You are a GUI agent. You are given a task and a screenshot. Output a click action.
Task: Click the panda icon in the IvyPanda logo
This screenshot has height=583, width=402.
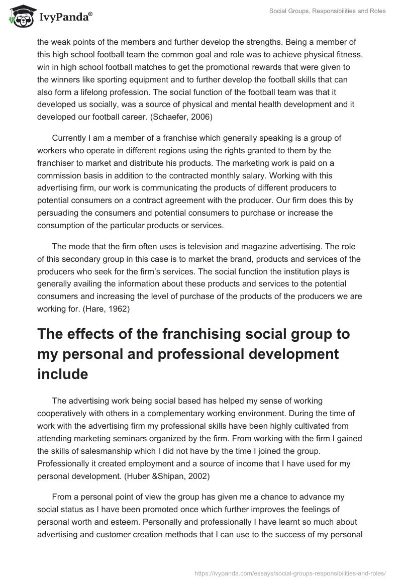click(x=19, y=18)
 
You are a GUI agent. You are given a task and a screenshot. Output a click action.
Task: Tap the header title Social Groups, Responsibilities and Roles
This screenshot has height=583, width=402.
click(x=328, y=11)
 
